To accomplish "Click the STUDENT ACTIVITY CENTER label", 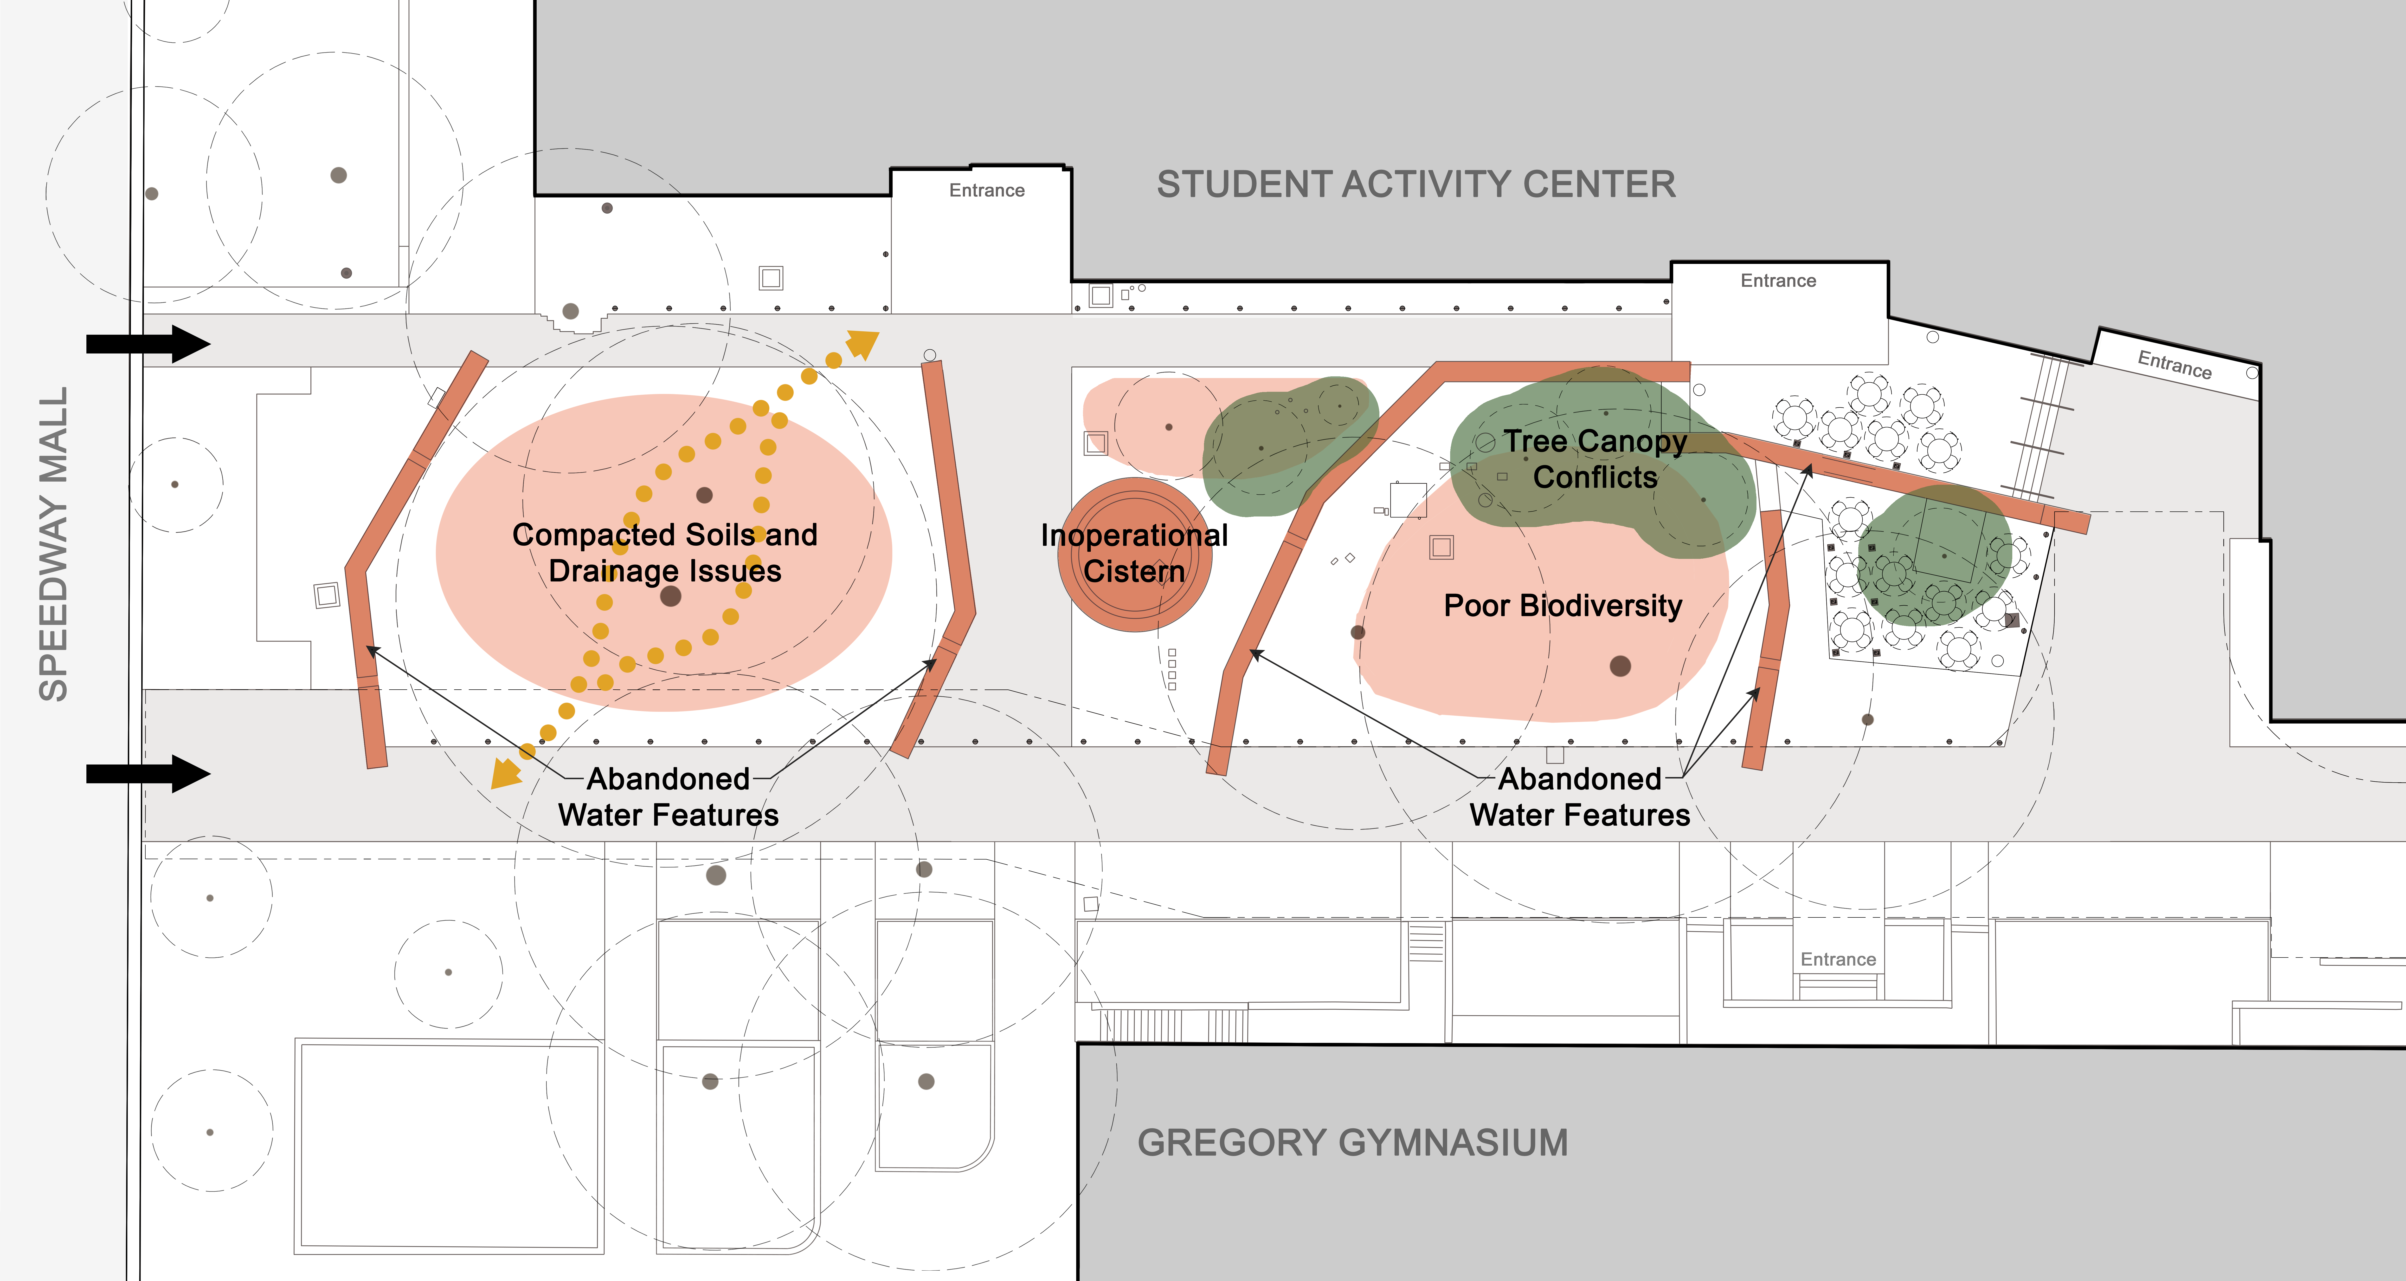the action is [x=1416, y=184].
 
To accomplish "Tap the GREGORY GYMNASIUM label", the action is [x=1352, y=1143].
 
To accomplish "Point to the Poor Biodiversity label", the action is [x=1563, y=605].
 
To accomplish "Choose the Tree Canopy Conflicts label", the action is [x=1595, y=459].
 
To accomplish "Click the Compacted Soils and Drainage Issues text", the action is [x=665, y=552].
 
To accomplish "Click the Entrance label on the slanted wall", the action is [x=2174, y=364].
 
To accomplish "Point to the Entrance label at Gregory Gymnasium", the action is [x=1838, y=960].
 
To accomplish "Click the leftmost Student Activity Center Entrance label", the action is [x=986, y=191].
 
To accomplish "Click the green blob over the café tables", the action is [x=1933, y=556].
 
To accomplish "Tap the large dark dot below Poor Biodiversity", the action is [x=1621, y=665].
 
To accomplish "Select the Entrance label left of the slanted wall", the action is [x=1778, y=280].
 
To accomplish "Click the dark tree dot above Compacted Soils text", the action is [x=704, y=495].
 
